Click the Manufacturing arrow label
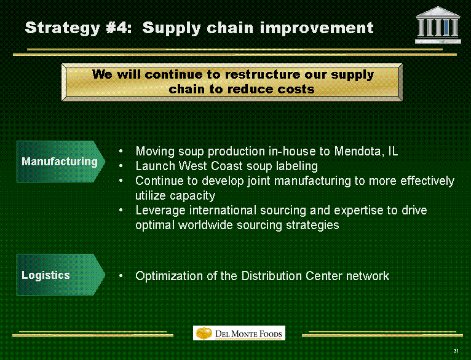61,162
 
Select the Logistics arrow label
61,275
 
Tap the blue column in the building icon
446,28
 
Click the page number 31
456,351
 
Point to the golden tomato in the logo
204,333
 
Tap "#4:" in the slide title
119,28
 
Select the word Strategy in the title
63,28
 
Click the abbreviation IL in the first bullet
393,151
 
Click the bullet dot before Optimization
121,276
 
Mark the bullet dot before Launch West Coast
121,166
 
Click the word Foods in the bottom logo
271,334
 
